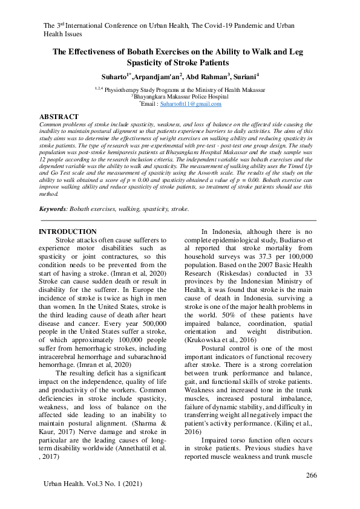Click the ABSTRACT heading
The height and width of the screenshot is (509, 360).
[x=59, y=116]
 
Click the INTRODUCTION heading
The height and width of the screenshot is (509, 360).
[x=67, y=232]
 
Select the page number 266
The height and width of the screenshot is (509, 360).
[x=311, y=475]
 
